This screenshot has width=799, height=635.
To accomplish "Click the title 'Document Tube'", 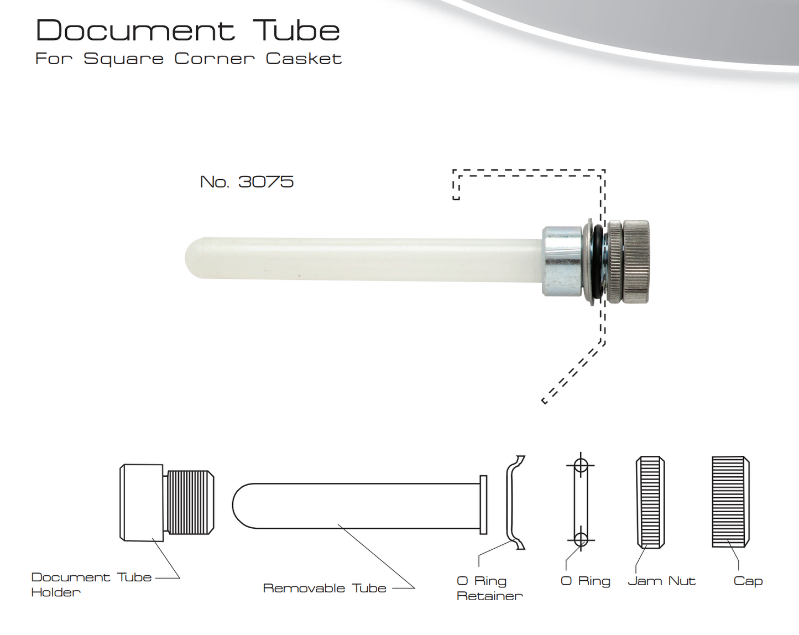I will coord(187,30).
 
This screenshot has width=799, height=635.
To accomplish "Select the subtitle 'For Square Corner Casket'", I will coord(188,59).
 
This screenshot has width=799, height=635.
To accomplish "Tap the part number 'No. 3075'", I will coord(247,181).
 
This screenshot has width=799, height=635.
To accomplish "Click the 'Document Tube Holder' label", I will coord(91,584).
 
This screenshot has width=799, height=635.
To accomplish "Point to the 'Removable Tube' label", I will coord(325,588).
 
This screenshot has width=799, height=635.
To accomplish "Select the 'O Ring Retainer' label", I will coord(489,588).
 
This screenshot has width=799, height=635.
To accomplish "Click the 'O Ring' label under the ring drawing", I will coord(585,581).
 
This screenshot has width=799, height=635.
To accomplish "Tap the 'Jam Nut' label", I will coord(661,581).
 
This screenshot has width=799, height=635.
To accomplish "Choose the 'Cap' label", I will coord(748,581).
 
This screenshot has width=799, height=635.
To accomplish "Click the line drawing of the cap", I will coord(730,502).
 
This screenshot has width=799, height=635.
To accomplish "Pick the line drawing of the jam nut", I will coord(650,502).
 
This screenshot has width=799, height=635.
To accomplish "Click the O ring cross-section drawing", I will coord(580,502).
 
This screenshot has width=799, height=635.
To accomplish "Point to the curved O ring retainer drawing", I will coord(513,502).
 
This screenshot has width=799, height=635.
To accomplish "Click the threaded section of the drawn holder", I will coord(190,502).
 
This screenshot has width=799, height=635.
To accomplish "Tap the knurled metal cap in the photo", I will coord(636,261).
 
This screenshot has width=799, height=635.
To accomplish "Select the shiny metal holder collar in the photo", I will coord(561,261).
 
